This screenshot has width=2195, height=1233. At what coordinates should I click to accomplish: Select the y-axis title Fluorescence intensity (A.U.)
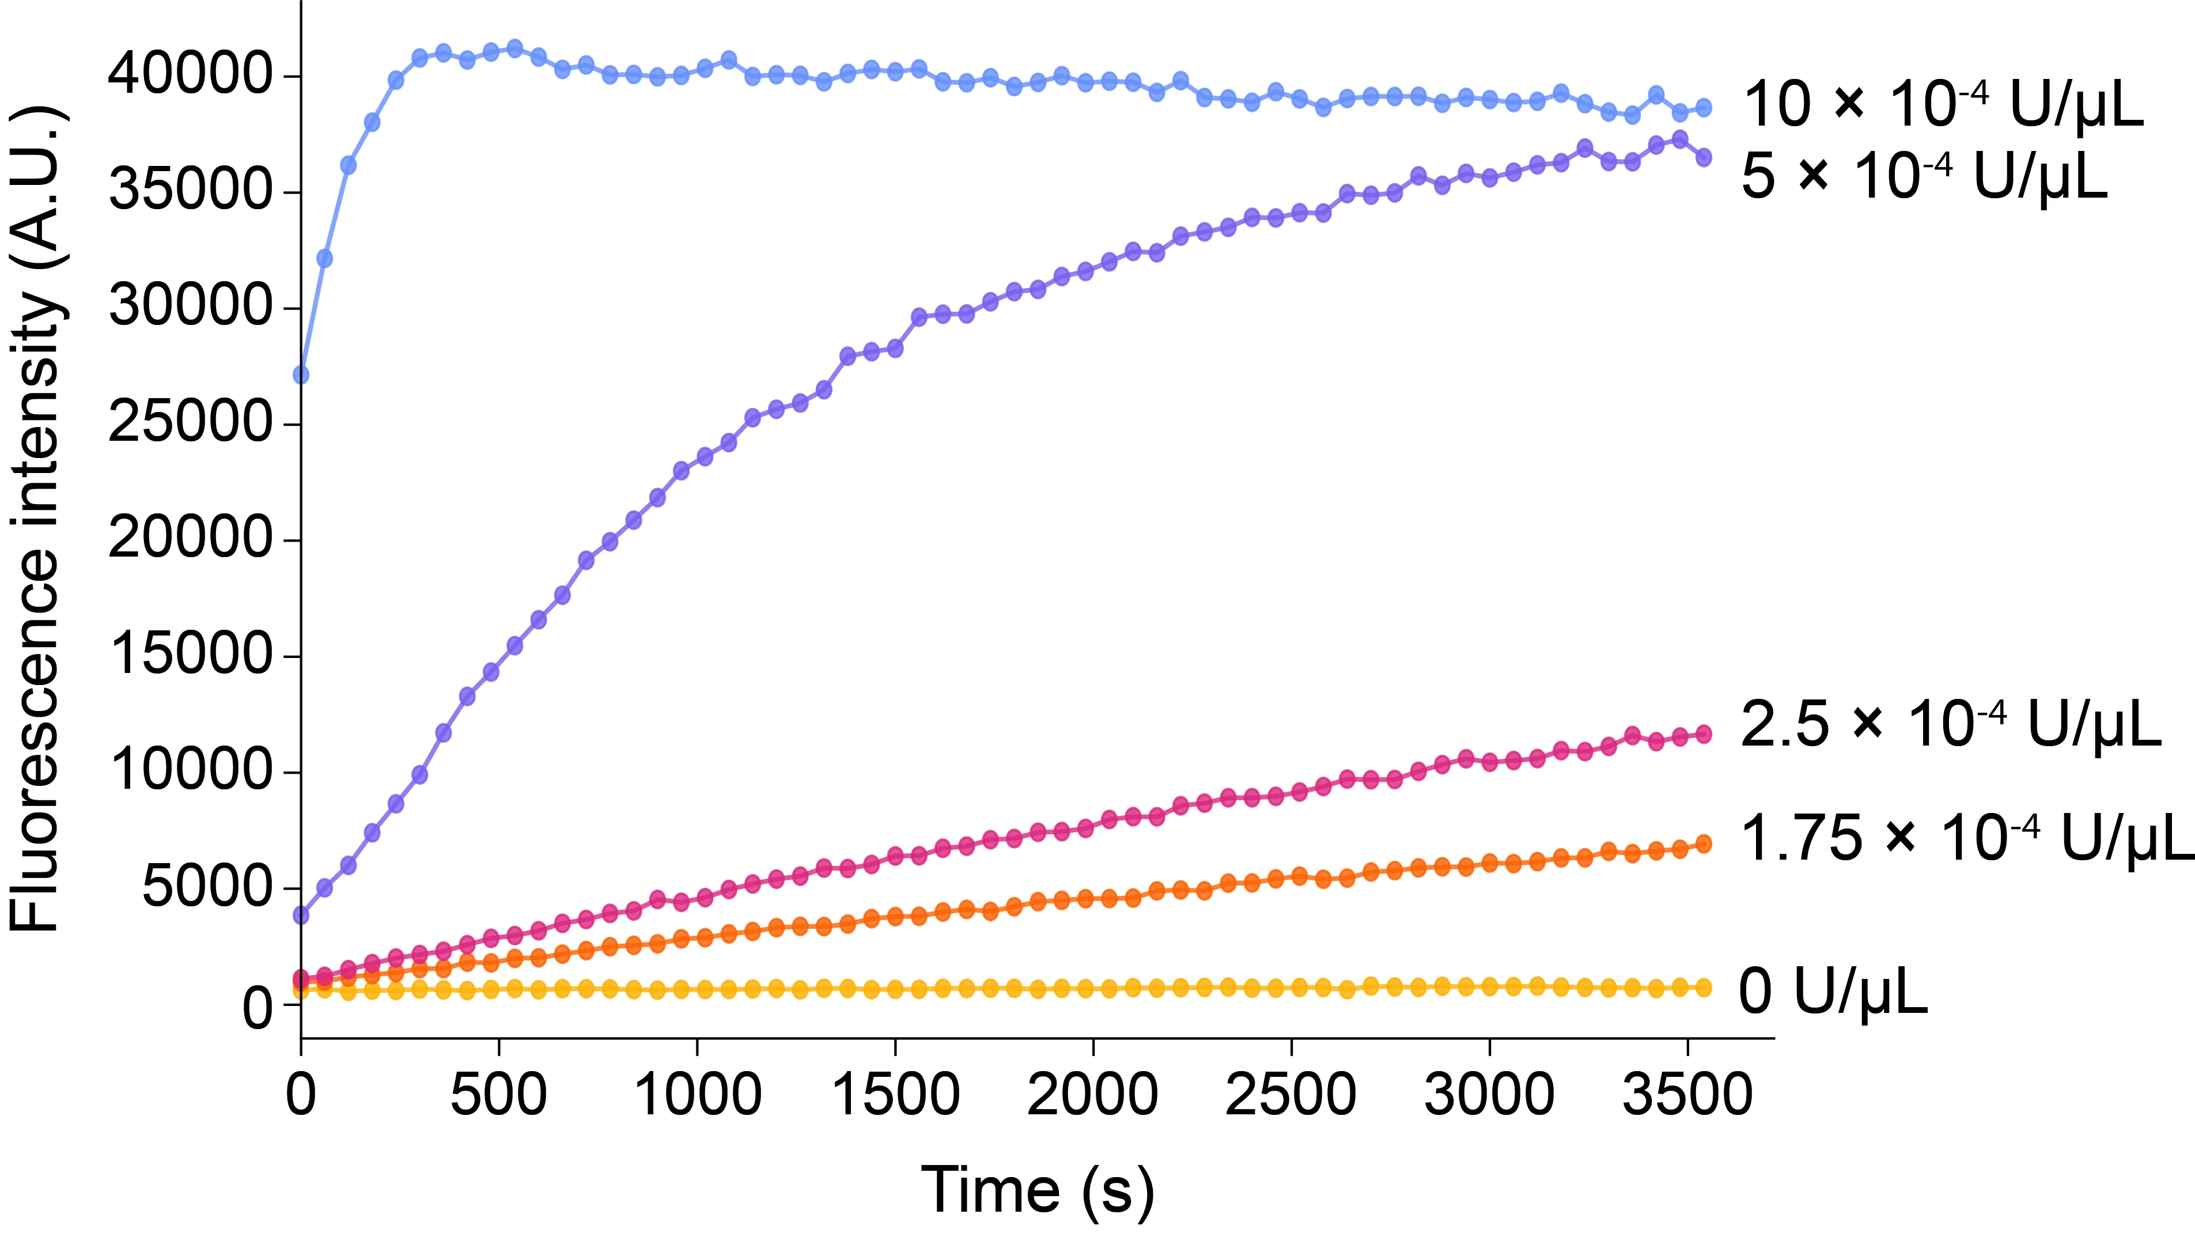[x=36, y=520]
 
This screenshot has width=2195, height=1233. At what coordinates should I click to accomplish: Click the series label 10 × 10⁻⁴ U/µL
[x=1943, y=105]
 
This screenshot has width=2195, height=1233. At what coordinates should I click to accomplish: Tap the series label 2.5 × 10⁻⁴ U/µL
[x=1951, y=725]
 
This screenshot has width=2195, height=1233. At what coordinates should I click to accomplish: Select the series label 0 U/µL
[x=1832, y=992]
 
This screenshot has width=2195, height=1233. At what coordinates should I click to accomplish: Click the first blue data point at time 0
[x=301, y=375]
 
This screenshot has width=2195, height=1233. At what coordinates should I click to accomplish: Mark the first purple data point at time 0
[x=301, y=915]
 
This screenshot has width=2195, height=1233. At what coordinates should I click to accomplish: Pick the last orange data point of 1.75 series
[x=1704, y=844]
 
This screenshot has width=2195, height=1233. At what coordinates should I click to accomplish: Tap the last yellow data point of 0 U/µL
[x=1704, y=988]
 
